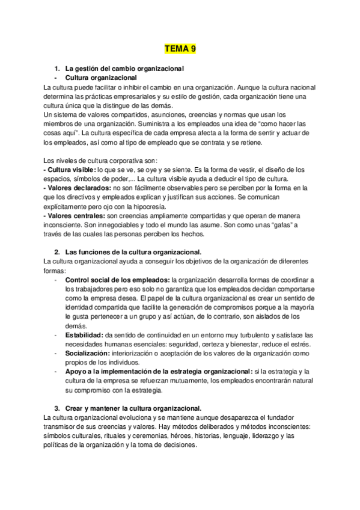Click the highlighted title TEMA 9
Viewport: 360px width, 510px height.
click(x=180, y=48)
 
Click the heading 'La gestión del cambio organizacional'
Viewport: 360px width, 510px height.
click(x=124, y=69)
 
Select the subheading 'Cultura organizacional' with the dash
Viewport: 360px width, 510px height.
click(x=101, y=78)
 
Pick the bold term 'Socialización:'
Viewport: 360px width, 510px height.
click(x=90, y=353)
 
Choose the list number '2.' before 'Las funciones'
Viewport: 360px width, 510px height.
click(x=57, y=251)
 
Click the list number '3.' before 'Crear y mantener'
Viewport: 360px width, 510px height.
click(x=57, y=407)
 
